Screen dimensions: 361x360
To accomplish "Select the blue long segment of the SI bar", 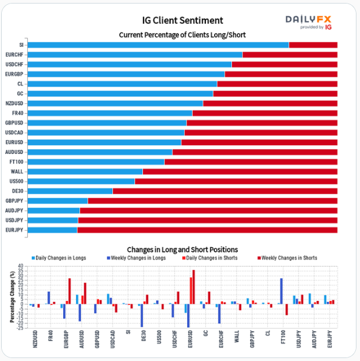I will point(158,45).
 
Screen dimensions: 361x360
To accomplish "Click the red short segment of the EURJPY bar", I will point(207,229).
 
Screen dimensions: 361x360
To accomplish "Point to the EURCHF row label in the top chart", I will point(15,55).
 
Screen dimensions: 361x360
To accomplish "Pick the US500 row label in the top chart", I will point(16,181).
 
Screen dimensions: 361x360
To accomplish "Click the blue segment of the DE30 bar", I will point(70,191).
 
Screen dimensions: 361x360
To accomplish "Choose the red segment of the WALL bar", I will point(240,172).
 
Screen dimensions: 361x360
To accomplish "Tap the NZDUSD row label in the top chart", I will point(14,103).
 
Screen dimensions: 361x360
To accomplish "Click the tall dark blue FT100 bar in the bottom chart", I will point(282,291).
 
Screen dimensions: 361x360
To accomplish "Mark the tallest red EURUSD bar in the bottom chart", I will point(194,287).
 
